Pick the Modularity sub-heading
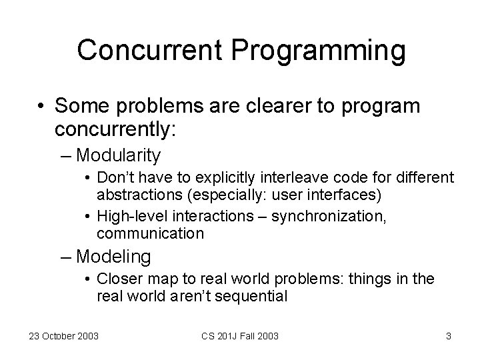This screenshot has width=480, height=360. pyautogui.click(x=119, y=156)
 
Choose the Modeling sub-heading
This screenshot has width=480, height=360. pyautogui.click(x=114, y=256)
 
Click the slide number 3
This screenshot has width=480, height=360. pyautogui.click(x=448, y=336)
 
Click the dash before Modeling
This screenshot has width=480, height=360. pyautogui.click(x=68, y=256)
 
